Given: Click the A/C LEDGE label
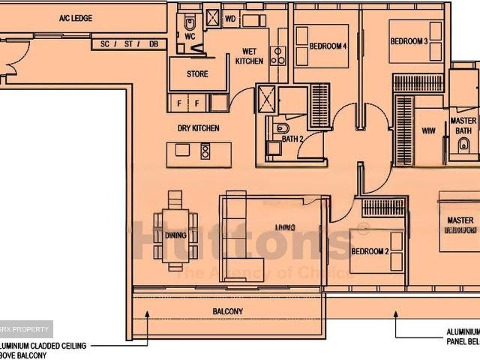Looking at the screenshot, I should tap(76, 17).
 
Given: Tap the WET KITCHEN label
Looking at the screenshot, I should tap(249, 56).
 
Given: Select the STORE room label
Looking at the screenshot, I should tap(196, 74).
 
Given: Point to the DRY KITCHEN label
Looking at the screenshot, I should tap(198, 128).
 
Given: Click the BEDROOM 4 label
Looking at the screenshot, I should tap(328, 46).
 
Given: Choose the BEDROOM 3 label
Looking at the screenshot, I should tap(409, 41).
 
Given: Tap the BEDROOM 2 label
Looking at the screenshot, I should tap(369, 251).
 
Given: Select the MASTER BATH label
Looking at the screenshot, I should tap(463, 125).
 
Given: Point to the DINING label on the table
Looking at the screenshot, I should tap(175, 235).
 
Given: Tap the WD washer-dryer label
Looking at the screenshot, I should tap(230, 17).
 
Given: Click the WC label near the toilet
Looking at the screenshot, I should tap(190, 35).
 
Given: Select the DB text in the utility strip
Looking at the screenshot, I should tap(154, 44).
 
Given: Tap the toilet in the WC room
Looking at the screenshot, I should tap(189, 20).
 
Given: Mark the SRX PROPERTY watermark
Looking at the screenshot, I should tap(26, 328).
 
